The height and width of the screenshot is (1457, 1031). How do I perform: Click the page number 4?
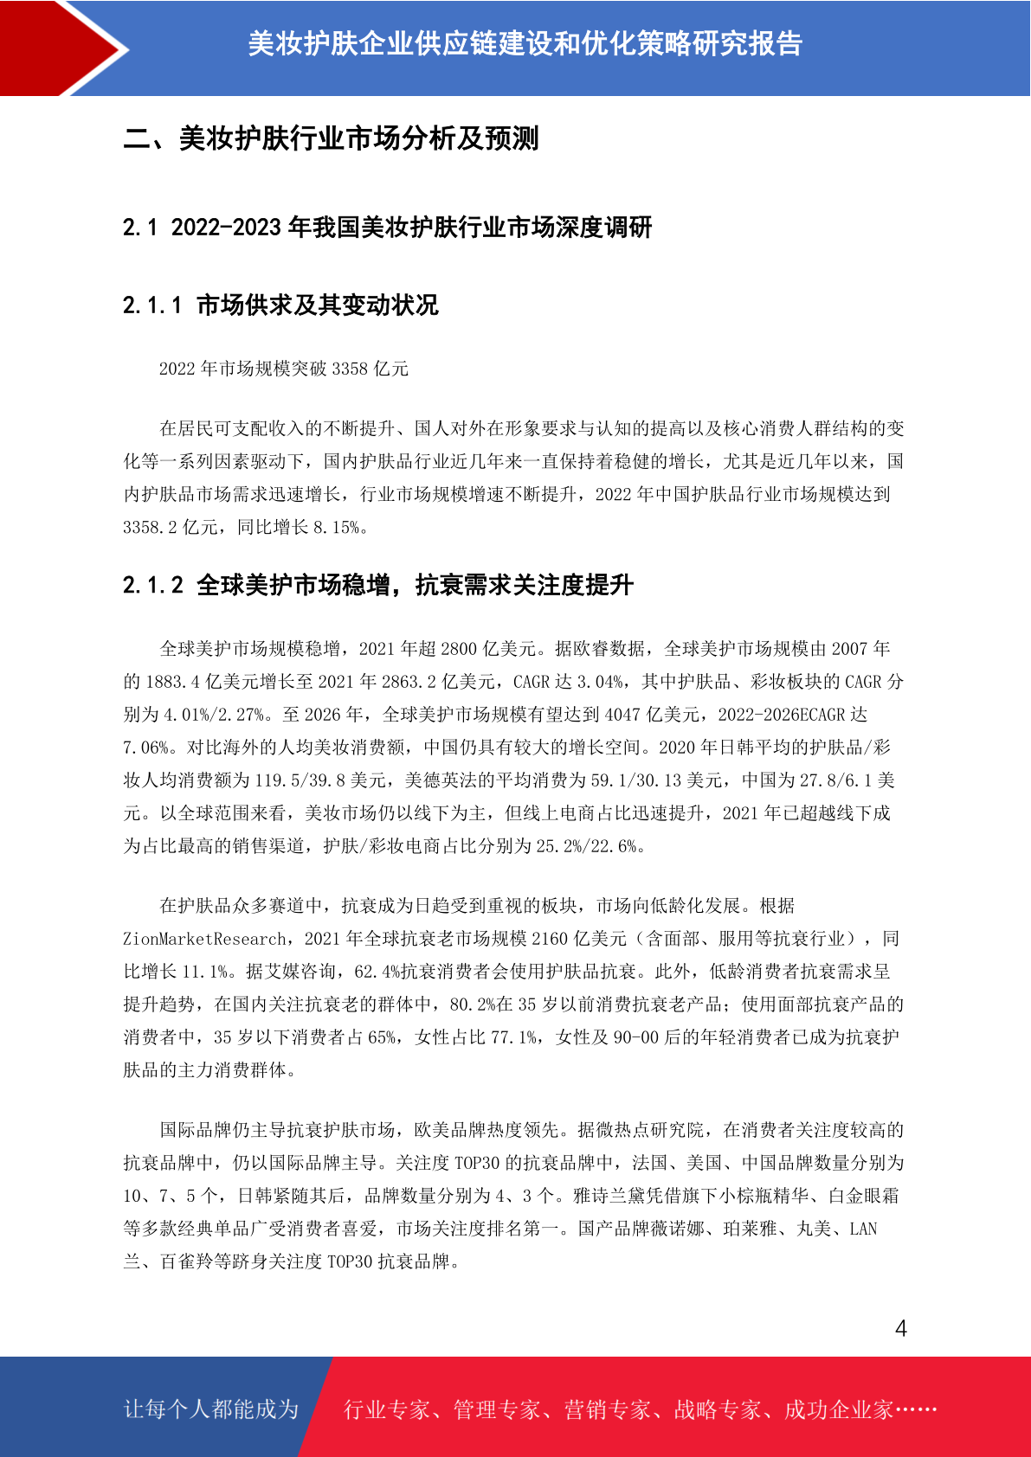(900, 1328)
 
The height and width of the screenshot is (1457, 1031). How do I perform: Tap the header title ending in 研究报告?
(525, 43)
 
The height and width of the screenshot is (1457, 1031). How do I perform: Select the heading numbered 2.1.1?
(280, 305)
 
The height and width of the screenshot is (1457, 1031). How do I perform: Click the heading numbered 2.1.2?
(378, 585)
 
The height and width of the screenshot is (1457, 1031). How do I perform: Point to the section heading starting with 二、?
(331, 138)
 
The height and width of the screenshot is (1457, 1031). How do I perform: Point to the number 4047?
(622, 715)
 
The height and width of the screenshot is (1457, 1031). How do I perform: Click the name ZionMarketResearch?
(204, 939)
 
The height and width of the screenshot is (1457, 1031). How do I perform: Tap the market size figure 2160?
(550, 939)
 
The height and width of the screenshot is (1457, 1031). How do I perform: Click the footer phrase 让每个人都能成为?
(211, 1409)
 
